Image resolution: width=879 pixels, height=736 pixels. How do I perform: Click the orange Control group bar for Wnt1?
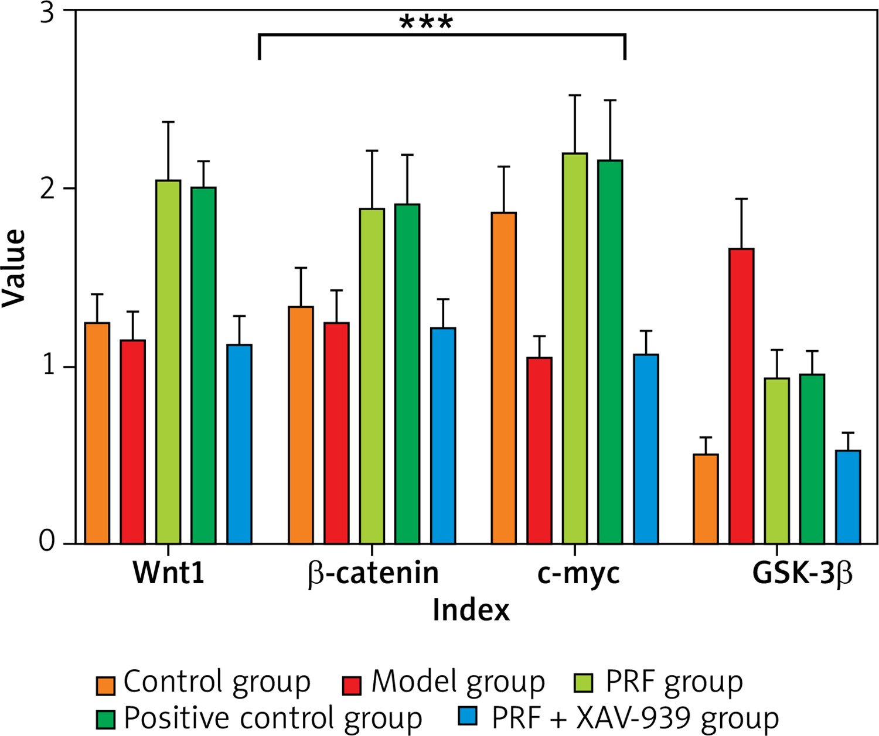97,433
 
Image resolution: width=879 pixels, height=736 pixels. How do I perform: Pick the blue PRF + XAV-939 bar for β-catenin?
443,436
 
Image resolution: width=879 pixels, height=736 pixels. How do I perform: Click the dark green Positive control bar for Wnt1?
203,365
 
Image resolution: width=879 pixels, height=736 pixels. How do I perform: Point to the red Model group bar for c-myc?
539,450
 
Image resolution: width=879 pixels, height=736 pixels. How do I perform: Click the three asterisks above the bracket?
426,24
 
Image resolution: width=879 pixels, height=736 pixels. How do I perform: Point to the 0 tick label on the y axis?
47,542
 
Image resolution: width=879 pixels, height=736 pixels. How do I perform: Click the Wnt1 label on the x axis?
168,573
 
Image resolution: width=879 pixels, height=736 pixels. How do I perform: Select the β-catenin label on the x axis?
373,573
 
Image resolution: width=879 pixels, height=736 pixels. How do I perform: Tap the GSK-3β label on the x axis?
802,573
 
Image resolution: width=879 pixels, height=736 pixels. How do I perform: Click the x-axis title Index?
471,610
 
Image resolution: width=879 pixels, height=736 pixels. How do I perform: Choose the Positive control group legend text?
272,718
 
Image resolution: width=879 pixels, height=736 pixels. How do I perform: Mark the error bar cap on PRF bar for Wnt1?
168,122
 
